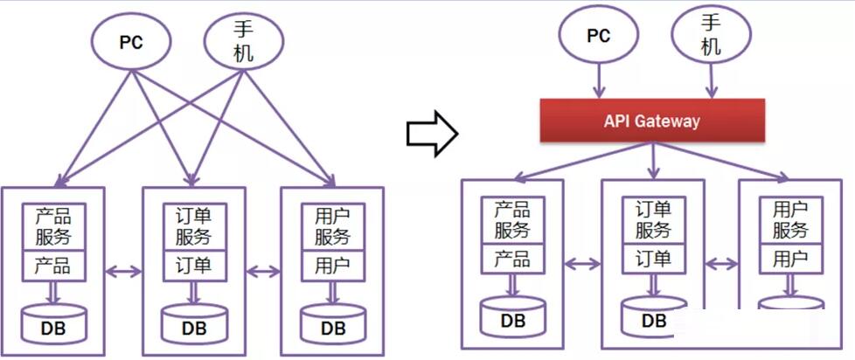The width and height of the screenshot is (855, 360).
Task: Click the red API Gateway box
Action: click(x=652, y=121)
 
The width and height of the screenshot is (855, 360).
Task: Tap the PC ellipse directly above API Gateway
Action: click(x=599, y=37)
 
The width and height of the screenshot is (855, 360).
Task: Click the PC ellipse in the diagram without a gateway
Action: click(x=132, y=41)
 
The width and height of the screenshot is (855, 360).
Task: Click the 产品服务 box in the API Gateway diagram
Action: click(x=511, y=219)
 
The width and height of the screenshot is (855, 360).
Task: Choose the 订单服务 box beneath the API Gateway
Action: click(x=652, y=219)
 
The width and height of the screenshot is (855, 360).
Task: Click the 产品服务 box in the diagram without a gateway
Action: click(x=53, y=225)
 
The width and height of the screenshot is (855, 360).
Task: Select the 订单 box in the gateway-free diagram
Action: click(x=194, y=264)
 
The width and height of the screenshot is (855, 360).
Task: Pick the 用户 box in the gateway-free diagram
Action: click(x=333, y=264)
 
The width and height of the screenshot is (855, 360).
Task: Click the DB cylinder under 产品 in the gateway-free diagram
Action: click(x=53, y=323)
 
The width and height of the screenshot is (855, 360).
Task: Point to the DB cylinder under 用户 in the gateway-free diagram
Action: click(x=333, y=323)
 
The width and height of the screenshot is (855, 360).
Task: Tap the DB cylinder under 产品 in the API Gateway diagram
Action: click(x=512, y=315)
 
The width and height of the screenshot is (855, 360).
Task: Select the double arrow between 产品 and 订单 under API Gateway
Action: click(x=581, y=262)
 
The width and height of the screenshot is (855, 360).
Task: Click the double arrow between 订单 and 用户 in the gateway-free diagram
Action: click(x=263, y=270)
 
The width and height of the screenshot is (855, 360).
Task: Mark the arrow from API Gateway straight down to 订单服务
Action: click(x=652, y=160)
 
